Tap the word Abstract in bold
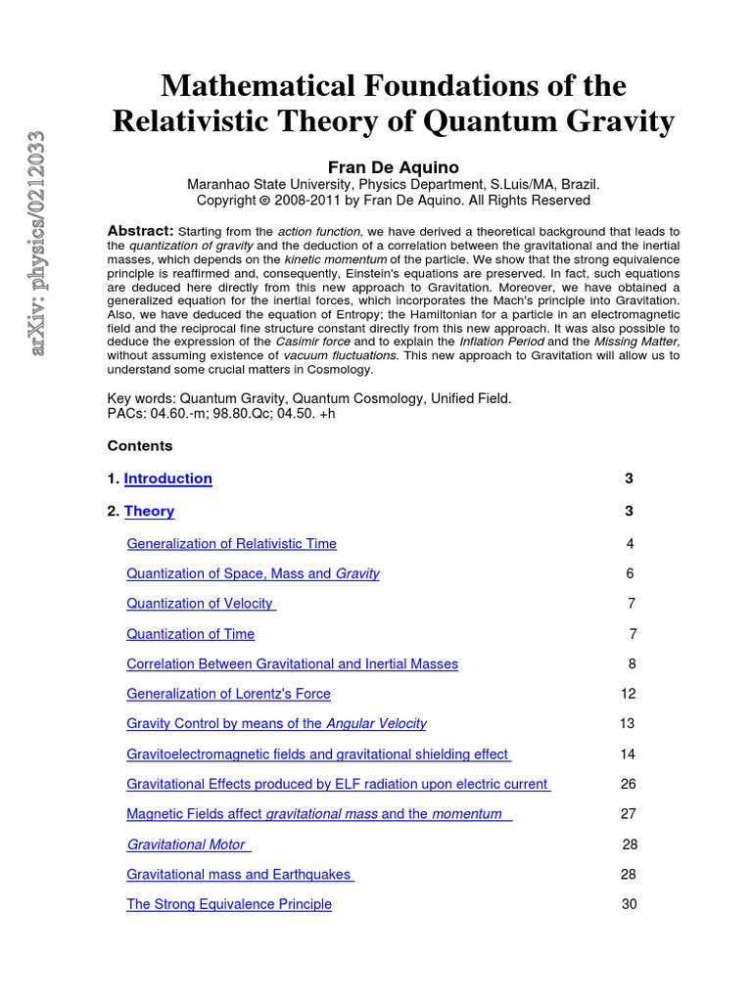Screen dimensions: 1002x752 (140, 230)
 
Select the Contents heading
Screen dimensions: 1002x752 (139, 446)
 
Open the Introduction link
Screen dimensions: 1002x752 (167, 478)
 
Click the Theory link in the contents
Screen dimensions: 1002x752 (149, 511)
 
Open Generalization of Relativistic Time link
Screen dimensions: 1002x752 (231, 544)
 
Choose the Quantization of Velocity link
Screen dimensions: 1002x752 (201, 604)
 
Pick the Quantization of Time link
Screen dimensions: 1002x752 (190, 634)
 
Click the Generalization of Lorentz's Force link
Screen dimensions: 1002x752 (228, 694)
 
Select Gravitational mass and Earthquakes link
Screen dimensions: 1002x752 (239, 874)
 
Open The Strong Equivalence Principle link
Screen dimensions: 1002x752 (229, 904)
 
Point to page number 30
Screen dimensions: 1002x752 (629, 904)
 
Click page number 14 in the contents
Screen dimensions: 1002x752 (628, 754)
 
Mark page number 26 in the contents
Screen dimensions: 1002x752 (629, 784)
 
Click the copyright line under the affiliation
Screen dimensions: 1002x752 (393, 201)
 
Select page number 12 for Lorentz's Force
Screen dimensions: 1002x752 (628, 694)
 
